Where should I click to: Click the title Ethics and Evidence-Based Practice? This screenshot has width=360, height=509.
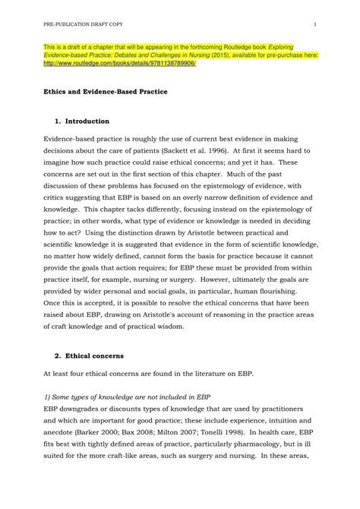pos(105,92)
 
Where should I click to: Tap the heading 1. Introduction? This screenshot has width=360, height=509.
pos(83,121)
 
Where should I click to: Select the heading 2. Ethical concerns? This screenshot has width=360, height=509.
pos(93,355)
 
